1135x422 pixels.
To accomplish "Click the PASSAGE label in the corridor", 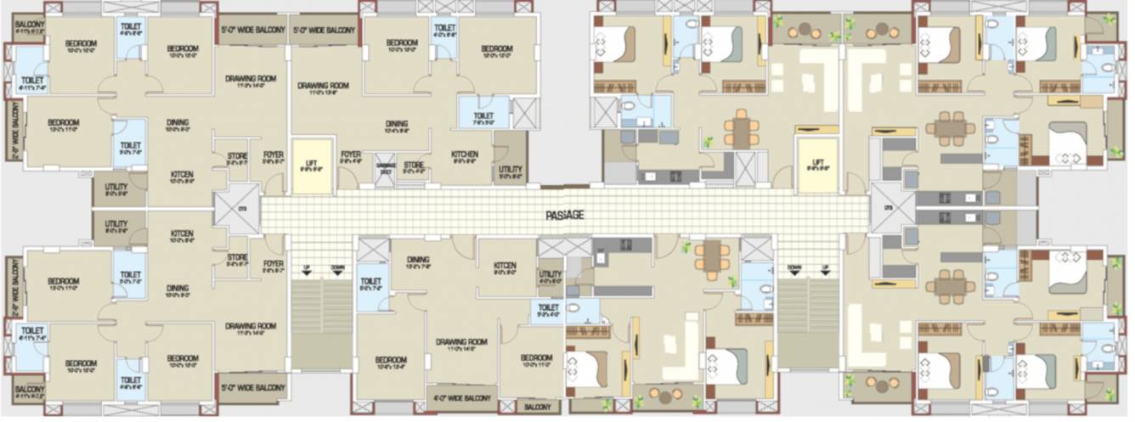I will pos(564,216).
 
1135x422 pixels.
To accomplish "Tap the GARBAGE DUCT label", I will pos(387,166).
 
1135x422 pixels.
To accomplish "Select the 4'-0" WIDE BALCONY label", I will pos(461,397).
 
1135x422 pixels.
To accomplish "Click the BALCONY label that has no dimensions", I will pos(536,408).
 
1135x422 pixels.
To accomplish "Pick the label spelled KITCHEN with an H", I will pos(465,155).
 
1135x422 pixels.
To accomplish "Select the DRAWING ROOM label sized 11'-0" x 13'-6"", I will pos(323,86).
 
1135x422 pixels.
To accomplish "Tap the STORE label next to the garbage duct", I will pos(414,165).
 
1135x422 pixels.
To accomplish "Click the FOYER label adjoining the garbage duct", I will pos(351,155).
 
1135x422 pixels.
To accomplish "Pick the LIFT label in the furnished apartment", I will pos(817,162).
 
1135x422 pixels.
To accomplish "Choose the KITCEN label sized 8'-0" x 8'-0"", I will pos(505,267).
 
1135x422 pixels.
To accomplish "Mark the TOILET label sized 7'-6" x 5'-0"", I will pos(483,116).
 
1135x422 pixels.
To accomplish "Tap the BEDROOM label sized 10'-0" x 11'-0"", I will pos(537,357).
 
